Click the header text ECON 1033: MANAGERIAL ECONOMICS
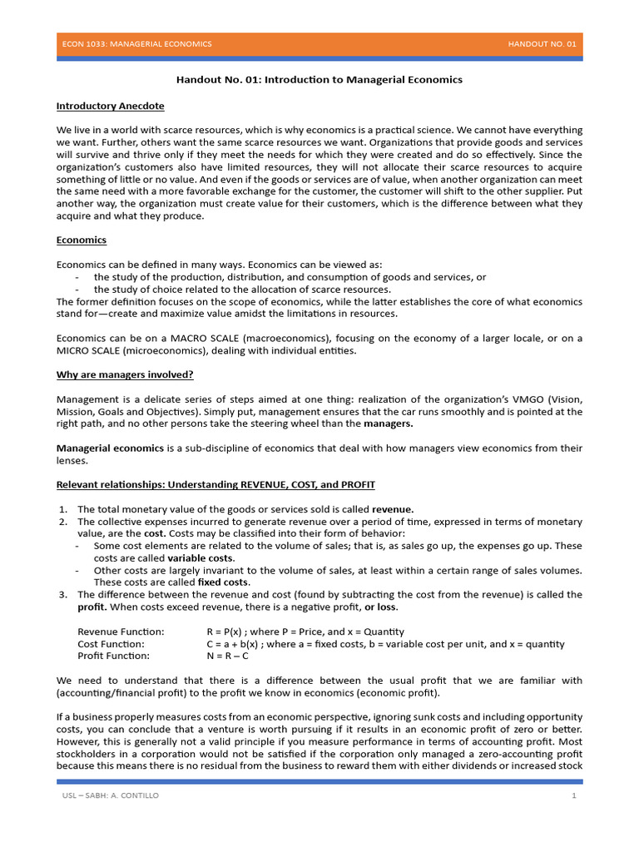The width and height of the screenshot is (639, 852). [137, 43]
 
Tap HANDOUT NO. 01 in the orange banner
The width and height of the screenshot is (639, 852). [541, 43]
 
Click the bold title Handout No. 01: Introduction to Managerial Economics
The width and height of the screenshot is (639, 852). [319, 80]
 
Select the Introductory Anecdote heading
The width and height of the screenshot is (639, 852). [110, 106]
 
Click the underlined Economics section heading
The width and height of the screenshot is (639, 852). [81, 240]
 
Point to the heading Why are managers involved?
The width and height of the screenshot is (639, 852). [125, 374]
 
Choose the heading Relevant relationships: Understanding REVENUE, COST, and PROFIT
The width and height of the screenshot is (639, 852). [220, 485]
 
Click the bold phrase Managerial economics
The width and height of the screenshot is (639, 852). [110, 448]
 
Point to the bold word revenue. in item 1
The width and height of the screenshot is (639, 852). [393, 509]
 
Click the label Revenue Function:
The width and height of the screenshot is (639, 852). [121, 632]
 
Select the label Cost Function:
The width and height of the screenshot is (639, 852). [111, 644]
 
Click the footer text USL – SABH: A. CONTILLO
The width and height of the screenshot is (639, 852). [111, 796]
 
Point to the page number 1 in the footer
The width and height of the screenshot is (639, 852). [573, 796]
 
